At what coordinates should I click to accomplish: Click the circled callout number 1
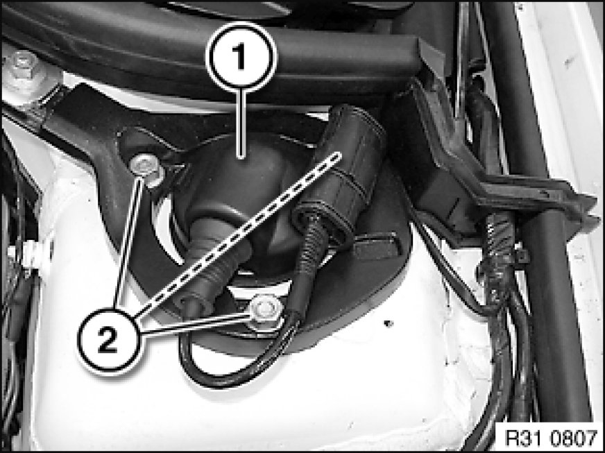point(241,57)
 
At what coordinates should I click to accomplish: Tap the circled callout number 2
point(108,339)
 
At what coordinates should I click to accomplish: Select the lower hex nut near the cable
point(266,311)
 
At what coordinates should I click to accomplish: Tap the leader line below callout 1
point(241,124)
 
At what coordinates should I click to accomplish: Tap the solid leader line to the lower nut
point(195,323)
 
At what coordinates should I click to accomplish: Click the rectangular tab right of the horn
point(376,246)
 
